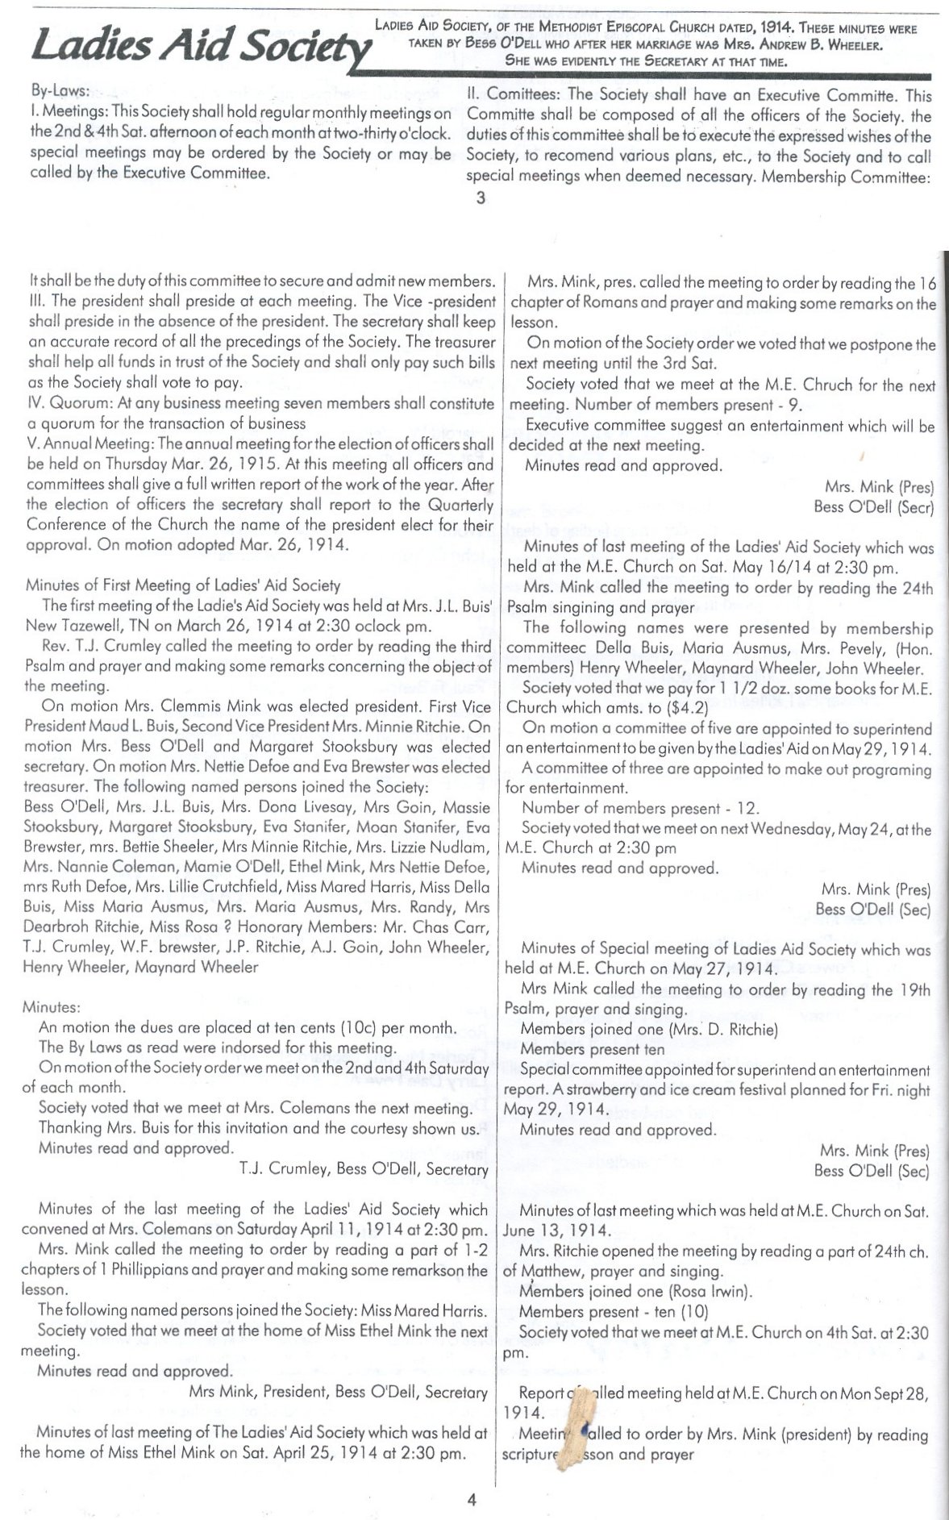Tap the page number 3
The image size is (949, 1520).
point(481,198)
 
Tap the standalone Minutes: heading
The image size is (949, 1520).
point(51,1007)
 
